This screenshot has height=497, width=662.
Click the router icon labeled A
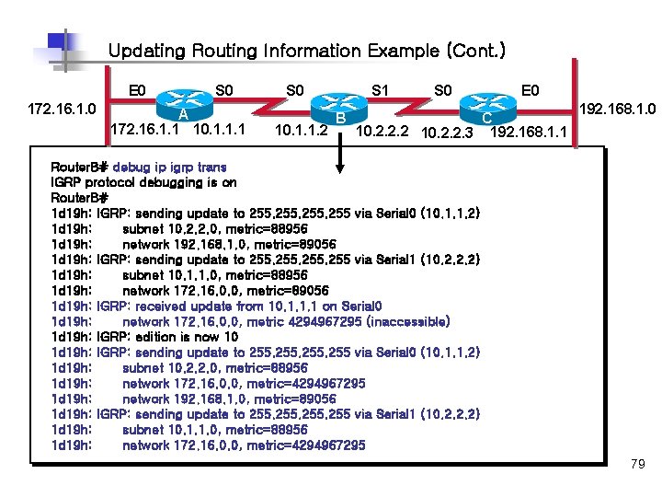[x=184, y=99]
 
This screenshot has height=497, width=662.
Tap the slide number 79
[x=638, y=465]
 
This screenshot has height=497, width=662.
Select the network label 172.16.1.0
[x=62, y=109]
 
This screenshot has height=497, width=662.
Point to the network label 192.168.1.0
[x=617, y=109]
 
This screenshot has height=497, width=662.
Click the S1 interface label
[x=379, y=90]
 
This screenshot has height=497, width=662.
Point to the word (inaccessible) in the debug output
[x=408, y=322]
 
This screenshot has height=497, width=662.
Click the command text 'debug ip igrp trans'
[x=170, y=168]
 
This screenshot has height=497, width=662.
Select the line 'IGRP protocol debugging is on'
[x=143, y=183]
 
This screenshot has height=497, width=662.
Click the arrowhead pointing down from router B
[x=340, y=166]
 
